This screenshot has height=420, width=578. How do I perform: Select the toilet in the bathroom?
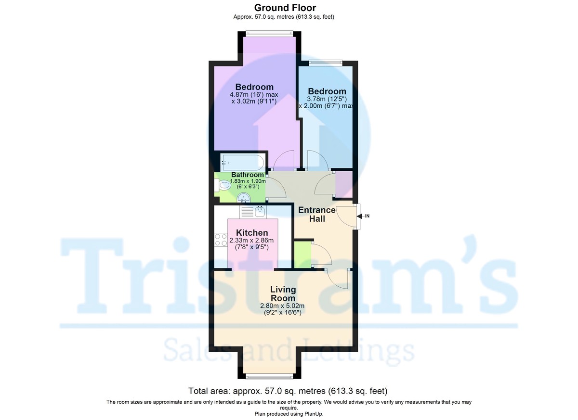click(x=223, y=185)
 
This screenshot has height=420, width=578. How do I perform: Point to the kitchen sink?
click(x=261, y=211)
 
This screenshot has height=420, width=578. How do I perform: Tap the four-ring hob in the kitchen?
click(x=221, y=240)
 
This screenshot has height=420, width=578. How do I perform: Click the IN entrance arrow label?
click(x=367, y=216)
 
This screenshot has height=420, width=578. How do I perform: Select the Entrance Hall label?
click(x=316, y=215)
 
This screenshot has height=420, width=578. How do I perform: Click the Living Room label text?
click(x=282, y=294)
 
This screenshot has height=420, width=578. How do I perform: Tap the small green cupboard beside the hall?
click(x=302, y=255)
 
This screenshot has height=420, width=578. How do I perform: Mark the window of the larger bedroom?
click(x=268, y=33)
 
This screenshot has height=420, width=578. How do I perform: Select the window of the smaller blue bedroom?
click(x=326, y=62)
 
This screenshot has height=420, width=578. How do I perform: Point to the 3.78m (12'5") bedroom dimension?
click(x=327, y=99)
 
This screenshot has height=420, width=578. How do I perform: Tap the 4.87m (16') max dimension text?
click(x=254, y=95)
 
